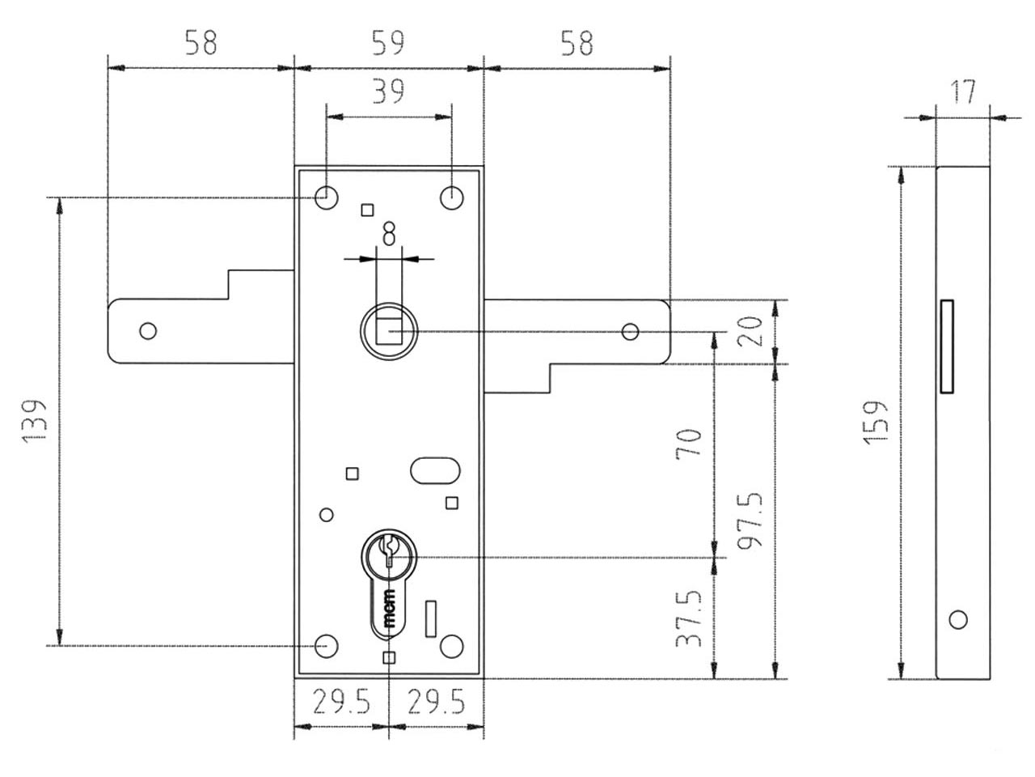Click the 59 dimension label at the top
coord(388,43)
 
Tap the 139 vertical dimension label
coord(35,422)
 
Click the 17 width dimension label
coord(963,91)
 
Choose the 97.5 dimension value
coord(750,520)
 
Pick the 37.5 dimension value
coord(689,618)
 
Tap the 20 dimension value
coord(750,331)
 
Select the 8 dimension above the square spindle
coord(389,234)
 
